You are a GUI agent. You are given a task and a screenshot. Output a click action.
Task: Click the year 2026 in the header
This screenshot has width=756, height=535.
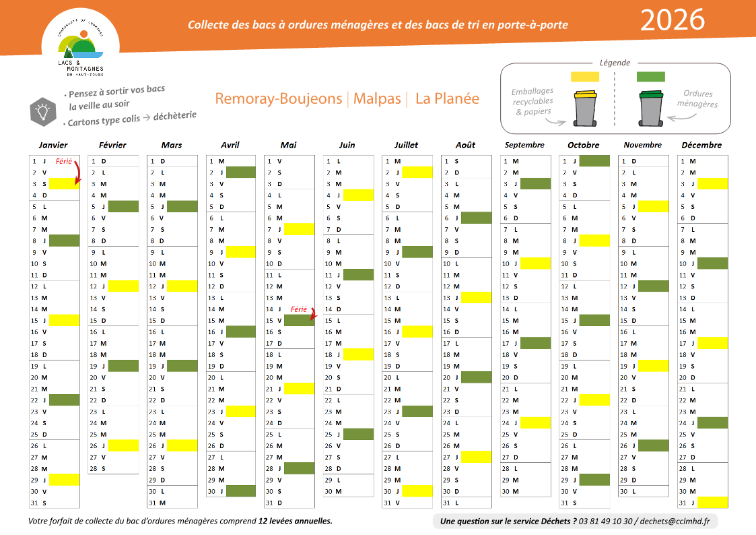coord(672,20)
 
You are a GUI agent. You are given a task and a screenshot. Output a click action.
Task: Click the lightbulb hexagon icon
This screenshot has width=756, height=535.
coord(43,111)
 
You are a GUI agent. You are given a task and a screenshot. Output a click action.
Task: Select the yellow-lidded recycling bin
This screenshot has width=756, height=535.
coord(584,108)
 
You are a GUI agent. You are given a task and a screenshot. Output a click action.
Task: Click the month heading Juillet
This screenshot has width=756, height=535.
coord(406,145)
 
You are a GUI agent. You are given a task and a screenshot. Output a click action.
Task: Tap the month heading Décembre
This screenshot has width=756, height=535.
coord(701,145)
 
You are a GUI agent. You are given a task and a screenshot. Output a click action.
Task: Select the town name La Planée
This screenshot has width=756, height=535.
coord(447,98)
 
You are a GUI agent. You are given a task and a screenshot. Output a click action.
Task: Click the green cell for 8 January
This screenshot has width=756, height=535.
coord(64,241)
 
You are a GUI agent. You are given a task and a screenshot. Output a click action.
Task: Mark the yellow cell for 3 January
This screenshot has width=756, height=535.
coord(64,183)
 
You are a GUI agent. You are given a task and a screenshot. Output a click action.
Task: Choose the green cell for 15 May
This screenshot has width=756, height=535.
coord(299,321)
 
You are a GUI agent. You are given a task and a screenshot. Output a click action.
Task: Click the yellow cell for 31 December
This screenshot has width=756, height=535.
coord(712,503)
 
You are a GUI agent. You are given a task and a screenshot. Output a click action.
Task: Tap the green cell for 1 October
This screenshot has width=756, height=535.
coord(594,161)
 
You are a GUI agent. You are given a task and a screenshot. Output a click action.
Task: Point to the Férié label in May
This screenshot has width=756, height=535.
coord(298,310)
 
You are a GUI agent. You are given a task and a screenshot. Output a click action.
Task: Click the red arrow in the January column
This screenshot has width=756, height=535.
coord(77,172)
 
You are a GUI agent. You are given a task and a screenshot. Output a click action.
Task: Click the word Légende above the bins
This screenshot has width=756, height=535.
coord(615,63)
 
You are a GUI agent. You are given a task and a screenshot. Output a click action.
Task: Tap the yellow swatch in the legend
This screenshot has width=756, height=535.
coord(584,77)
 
